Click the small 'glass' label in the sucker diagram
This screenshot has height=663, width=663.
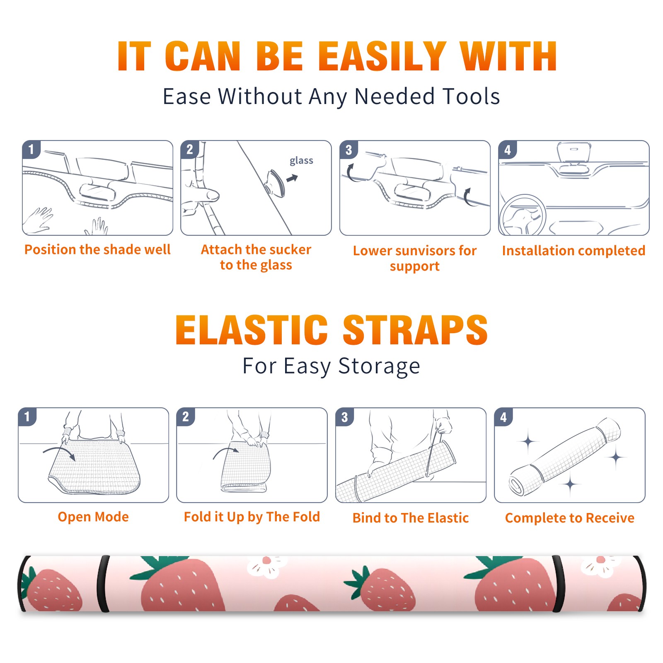(301, 161)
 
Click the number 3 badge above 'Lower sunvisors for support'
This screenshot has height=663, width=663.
(348, 150)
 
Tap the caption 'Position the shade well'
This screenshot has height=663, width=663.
(97, 249)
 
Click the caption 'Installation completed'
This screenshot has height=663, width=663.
(573, 251)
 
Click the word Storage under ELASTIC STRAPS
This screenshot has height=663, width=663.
(379, 367)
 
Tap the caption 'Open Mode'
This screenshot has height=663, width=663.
(93, 517)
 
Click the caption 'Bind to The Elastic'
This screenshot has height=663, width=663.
(411, 518)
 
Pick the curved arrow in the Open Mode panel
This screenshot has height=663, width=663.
(59, 452)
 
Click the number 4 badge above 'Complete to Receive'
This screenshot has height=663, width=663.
(503, 417)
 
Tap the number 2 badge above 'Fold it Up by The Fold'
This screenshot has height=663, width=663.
(185, 417)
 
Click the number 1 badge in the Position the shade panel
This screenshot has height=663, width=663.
(31, 149)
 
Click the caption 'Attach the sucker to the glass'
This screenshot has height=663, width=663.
(256, 257)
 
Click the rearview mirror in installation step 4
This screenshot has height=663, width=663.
(574, 152)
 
